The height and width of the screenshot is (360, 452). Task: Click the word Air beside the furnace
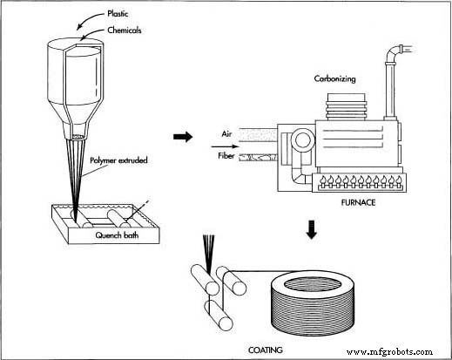click(225, 134)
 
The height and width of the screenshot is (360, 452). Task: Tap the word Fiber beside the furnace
click(224, 157)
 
